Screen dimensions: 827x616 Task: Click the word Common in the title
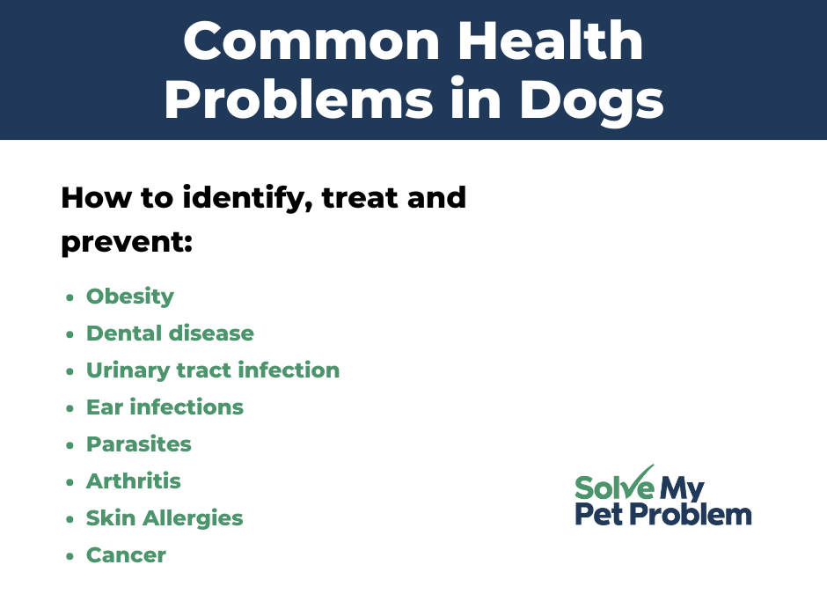click(x=311, y=41)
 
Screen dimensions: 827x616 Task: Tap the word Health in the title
click(x=550, y=40)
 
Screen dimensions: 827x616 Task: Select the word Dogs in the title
click(x=592, y=100)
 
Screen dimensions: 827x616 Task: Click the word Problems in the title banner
click(x=298, y=99)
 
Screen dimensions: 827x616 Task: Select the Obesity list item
click(x=129, y=297)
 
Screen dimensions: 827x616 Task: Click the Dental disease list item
click(x=170, y=334)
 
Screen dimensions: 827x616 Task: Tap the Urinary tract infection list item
click(x=213, y=370)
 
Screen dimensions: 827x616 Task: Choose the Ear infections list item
click(x=165, y=407)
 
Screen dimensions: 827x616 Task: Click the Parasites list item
click(x=139, y=444)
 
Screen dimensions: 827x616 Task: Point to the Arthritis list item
click(x=134, y=481)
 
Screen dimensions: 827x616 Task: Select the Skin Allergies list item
click(x=165, y=518)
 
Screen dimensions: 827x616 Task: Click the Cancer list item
click(x=126, y=554)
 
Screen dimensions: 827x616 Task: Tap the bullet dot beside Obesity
click(x=70, y=297)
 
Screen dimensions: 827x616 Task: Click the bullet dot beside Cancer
click(x=70, y=556)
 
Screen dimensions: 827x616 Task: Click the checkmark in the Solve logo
click(x=636, y=481)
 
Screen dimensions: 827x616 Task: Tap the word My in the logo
click(x=682, y=489)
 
